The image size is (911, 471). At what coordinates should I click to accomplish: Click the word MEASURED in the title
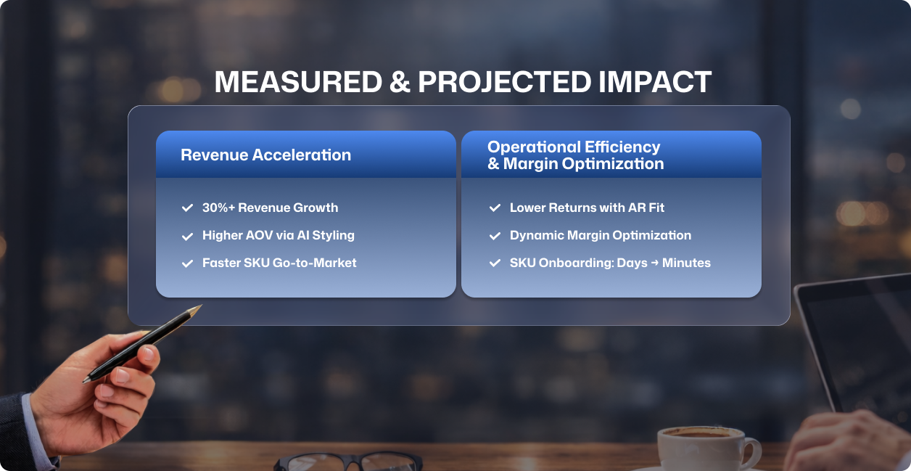pos(298,82)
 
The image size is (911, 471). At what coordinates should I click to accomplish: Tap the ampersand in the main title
pos(400,82)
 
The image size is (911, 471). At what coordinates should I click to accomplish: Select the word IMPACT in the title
pos(655,82)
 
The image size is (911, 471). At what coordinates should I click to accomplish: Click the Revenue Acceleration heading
pos(265,155)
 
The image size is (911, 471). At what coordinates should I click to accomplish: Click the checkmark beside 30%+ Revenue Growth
pos(187,208)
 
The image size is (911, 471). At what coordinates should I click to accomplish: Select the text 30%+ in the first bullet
pos(219,208)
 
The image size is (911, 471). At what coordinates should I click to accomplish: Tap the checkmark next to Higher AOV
pos(187,236)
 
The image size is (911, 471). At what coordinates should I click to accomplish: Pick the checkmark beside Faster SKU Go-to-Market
pos(187,263)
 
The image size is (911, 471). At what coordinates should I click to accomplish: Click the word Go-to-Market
pos(314,263)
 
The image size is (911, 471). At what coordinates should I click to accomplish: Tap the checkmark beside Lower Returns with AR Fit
pos(495,208)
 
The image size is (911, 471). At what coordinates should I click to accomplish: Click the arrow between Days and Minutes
pos(655,263)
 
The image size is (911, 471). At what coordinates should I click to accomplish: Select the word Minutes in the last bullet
pos(686,263)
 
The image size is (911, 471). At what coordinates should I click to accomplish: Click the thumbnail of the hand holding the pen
pos(148,353)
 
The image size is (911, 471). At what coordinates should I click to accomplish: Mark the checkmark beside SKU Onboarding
pos(495,263)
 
